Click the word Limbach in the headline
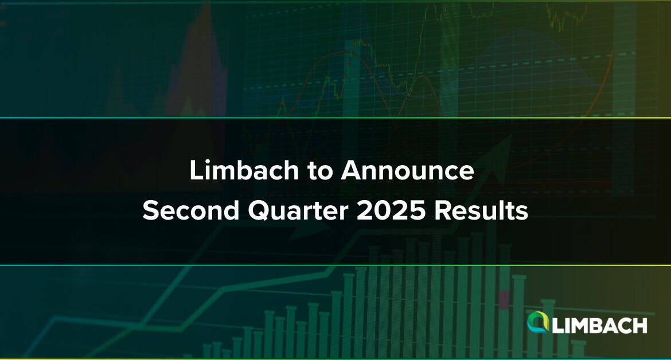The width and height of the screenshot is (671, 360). tap(244, 170)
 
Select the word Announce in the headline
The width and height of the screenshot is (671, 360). tap(407, 170)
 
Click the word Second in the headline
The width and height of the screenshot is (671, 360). tap(191, 210)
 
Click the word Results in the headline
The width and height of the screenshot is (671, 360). tap(481, 210)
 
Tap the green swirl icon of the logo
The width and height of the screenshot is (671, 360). tap(538, 322)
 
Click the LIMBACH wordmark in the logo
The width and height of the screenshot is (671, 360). tap(599, 326)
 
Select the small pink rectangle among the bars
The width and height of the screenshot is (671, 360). tap(504, 300)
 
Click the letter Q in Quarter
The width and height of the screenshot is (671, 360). tap(259, 211)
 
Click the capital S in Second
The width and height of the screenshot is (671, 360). tap(151, 211)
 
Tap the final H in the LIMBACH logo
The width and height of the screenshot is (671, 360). tap(640, 326)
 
